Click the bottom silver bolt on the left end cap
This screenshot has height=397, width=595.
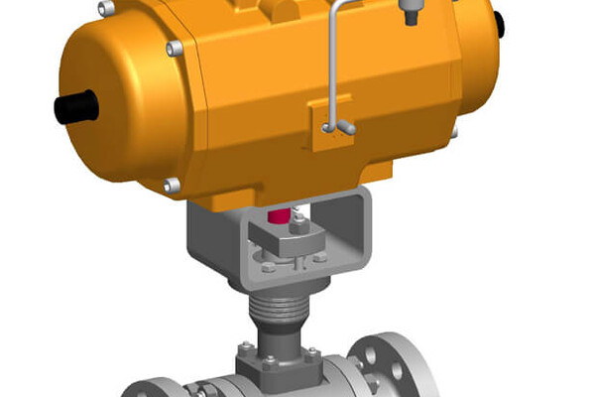pyautogui.click(x=171, y=185)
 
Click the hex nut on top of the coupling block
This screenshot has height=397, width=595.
pyautogui.click(x=298, y=228)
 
